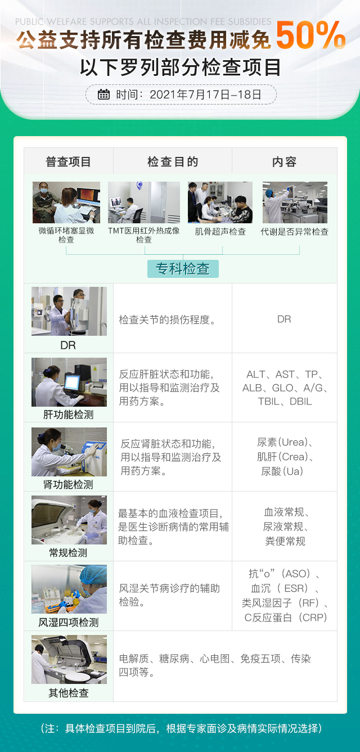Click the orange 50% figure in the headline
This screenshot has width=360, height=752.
tap(310, 35)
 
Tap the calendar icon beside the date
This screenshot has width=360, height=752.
tap(103, 94)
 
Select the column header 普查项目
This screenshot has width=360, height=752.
tap(68, 162)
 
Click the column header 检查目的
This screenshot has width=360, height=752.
tap(173, 162)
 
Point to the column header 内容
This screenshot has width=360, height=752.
tap(284, 162)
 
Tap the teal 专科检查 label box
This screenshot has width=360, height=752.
tap(183, 269)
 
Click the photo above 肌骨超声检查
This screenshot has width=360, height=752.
tap(220, 202)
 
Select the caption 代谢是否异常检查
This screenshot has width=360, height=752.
tap(295, 232)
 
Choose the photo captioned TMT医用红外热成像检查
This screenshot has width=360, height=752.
tap(144, 202)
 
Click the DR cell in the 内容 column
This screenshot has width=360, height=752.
tap(284, 319)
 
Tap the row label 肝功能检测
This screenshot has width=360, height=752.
tap(68, 415)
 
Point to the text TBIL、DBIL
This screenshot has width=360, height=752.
tap(285, 401)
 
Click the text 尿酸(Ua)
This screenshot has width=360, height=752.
tap(282, 471)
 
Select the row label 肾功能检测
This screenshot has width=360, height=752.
tap(68, 484)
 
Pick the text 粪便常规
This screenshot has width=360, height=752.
tap(285, 541)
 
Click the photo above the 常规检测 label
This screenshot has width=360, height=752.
tap(69, 520)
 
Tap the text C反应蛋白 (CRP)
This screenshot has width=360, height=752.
tap(285, 618)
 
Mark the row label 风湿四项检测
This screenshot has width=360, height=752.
tap(68, 623)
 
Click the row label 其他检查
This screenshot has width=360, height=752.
tap(68, 692)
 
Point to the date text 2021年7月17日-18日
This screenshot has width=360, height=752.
tap(205, 94)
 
